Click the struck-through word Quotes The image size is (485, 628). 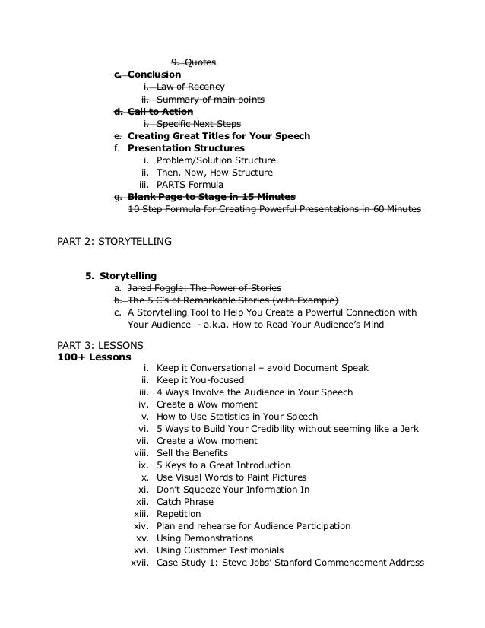202,62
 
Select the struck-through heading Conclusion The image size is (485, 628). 154,75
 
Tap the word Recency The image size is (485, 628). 206,87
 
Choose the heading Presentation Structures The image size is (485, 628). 186,148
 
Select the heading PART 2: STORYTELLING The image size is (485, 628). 114,243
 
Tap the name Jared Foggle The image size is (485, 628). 157,288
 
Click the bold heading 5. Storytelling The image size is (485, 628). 122,274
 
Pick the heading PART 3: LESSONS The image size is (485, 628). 100,344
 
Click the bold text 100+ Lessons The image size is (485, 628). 94,356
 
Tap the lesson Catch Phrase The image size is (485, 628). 185,502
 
